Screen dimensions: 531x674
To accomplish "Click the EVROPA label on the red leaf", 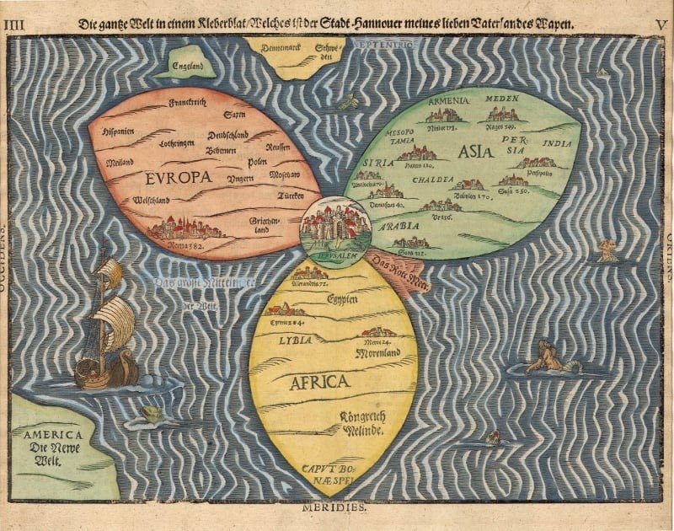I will click(x=177, y=178).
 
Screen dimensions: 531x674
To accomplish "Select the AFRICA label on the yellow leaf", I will click(x=319, y=382).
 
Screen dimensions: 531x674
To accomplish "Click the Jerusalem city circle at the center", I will click(x=335, y=224).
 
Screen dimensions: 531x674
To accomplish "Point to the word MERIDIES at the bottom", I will click(x=334, y=509).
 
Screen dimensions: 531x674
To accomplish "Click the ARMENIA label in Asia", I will click(x=448, y=102).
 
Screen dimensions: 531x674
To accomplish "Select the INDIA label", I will click(x=556, y=144).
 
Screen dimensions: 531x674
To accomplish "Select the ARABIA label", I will click(x=399, y=227).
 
